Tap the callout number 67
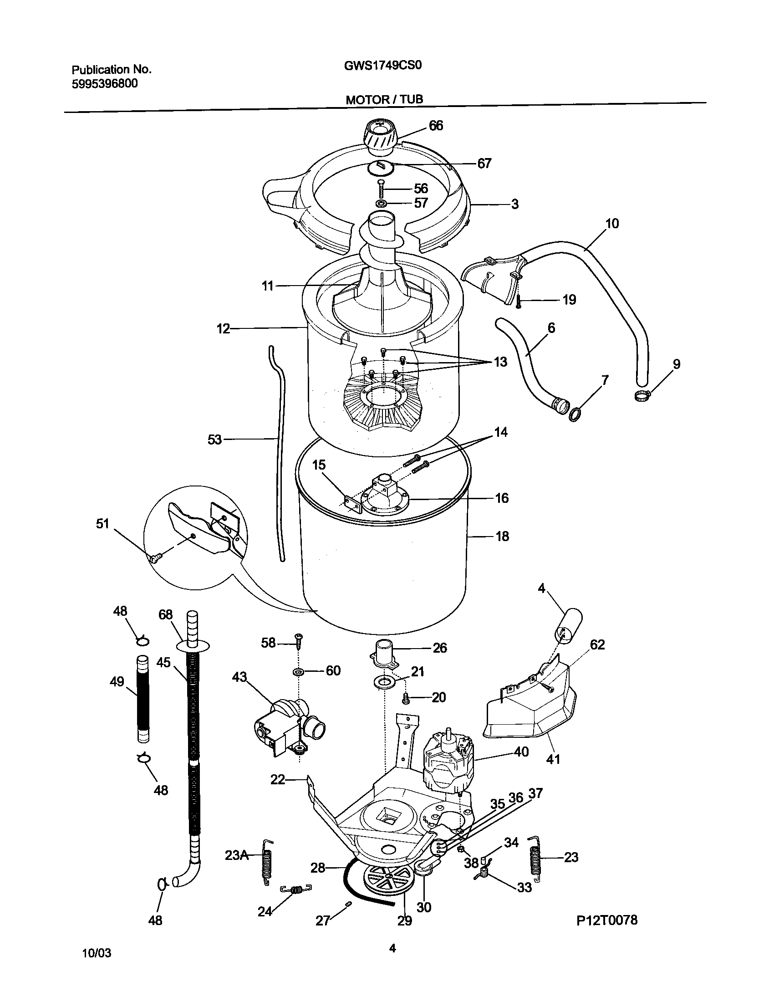[x=484, y=163]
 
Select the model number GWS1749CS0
[x=383, y=65]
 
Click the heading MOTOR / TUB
[x=384, y=99]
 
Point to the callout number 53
[x=214, y=440]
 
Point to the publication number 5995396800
[x=105, y=84]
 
